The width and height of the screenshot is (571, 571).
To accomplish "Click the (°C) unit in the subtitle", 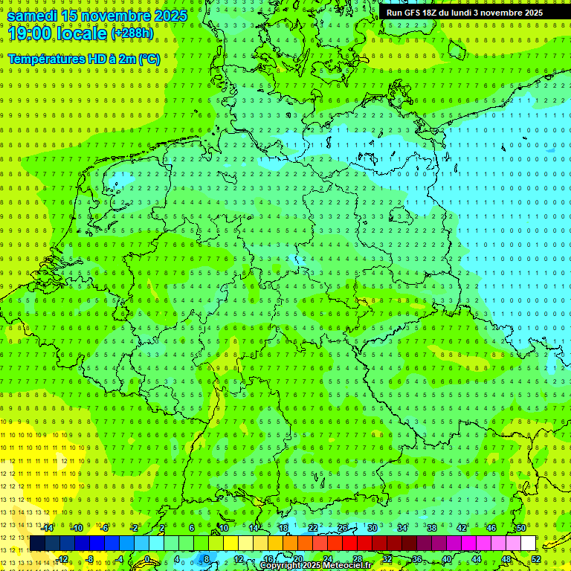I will (x=149, y=59).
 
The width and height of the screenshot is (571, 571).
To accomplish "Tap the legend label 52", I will (x=536, y=559).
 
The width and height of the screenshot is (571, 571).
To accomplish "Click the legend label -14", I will (x=48, y=528).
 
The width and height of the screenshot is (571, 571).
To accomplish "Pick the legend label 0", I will (x=147, y=559).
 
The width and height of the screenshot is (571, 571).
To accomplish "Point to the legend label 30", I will (x=372, y=528).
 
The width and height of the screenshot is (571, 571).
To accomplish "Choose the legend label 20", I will (x=297, y=559).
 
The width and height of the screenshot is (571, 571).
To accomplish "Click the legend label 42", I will (x=461, y=528).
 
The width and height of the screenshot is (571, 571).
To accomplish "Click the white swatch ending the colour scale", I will (x=528, y=543).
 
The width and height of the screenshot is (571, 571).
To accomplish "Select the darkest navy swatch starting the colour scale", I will (x=37, y=543).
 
